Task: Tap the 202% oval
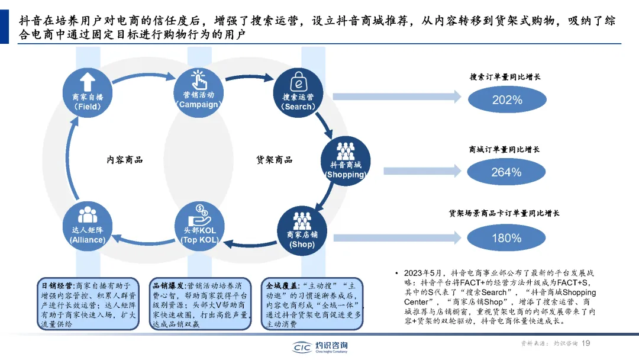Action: pyautogui.click(x=506, y=99)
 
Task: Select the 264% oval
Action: pyautogui.click(x=506, y=172)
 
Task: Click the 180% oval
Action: pyautogui.click(x=506, y=238)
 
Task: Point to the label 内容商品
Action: pyautogui.click(x=125, y=160)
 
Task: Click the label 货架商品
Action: pyautogui.click(x=274, y=160)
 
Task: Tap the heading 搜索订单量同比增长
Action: pyautogui.click(x=505, y=77)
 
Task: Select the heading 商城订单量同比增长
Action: pyautogui.click(x=504, y=150)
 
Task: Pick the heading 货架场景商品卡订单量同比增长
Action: pyautogui.click(x=504, y=213)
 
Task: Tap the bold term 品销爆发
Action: pyautogui.click(x=167, y=285)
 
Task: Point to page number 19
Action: pyautogui.click(x=587, y=343)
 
